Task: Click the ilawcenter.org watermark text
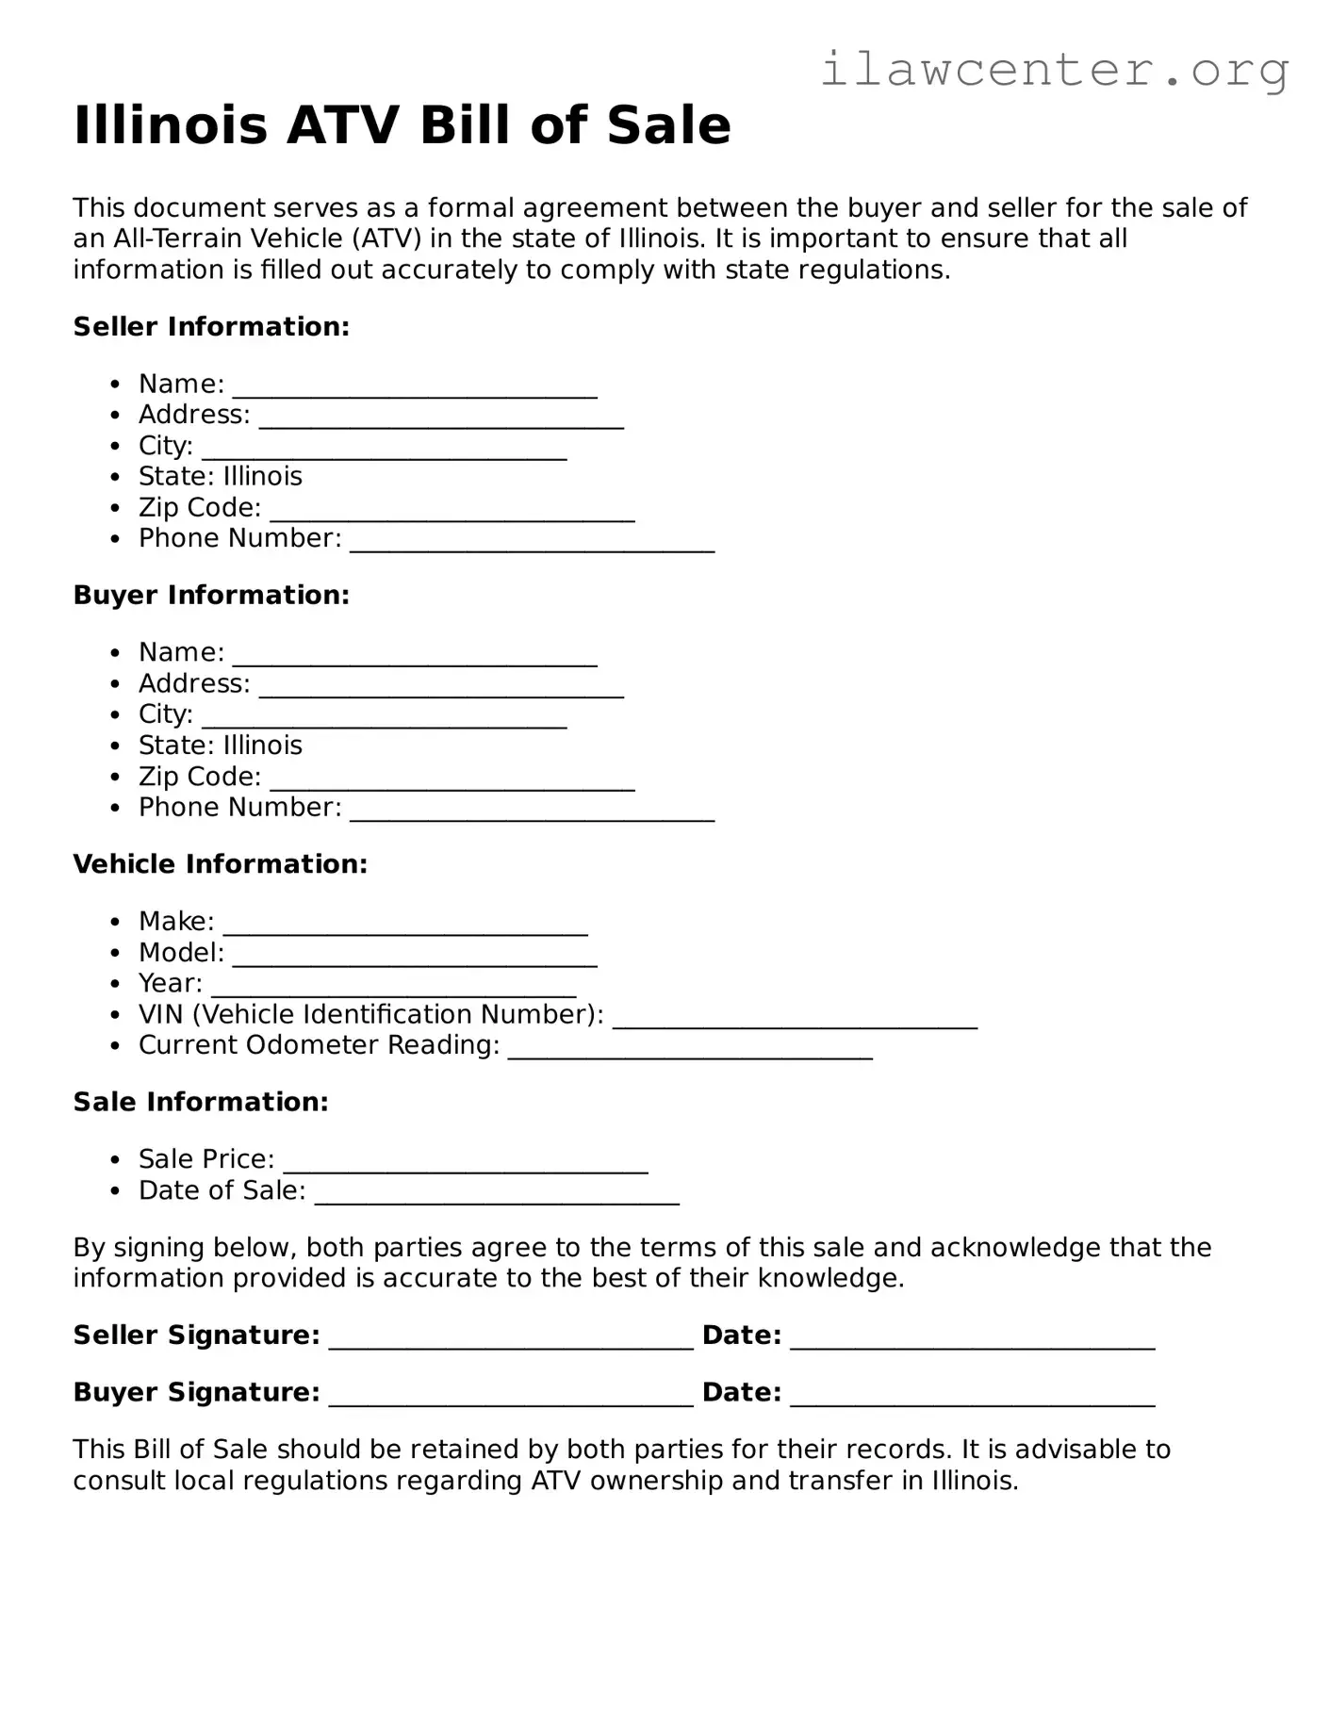coord(1054,70)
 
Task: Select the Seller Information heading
coord(211,327)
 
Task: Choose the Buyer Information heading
coord(211,596)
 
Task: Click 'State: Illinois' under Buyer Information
coord(220,746)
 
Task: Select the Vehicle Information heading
coord(220,864)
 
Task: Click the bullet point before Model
coord(115,954)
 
